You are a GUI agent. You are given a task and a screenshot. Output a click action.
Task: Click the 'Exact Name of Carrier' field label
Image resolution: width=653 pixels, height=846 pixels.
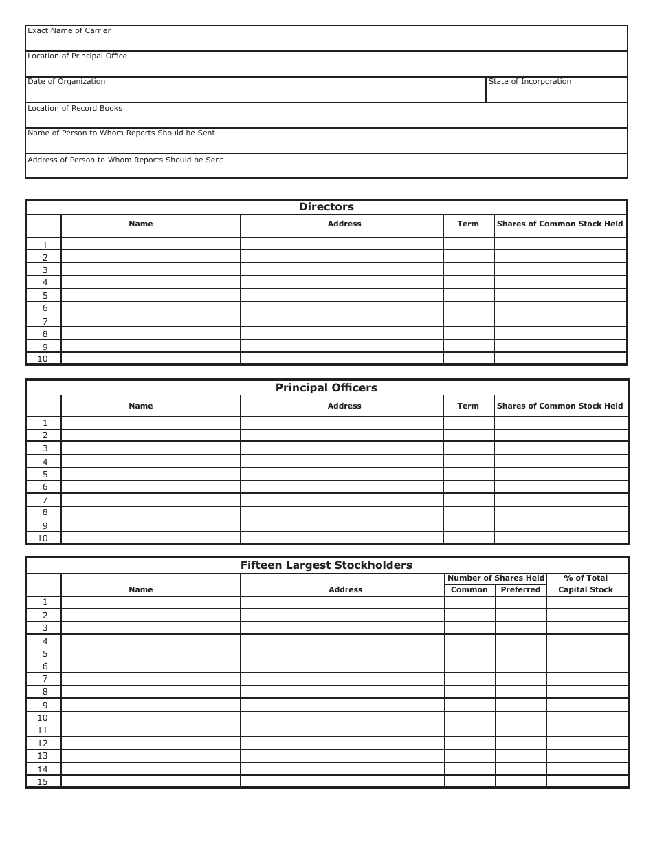[x=69, y=31]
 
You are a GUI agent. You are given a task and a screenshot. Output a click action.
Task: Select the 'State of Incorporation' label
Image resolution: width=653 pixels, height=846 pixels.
[x=529, y=82]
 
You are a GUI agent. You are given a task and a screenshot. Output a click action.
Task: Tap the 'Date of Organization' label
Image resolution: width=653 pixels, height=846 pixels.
[x=66, y=82]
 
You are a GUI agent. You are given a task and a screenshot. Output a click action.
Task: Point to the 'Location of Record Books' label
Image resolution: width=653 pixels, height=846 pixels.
[x=75, y=109]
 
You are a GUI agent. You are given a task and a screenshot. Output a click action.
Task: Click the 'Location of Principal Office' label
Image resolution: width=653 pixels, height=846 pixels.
[x=77, y=56]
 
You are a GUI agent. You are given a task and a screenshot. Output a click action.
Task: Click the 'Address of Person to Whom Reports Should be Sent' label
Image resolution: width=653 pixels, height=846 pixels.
[x=125, y=160]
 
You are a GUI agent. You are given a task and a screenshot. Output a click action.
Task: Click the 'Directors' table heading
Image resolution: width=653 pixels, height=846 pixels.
[x=326, y=207]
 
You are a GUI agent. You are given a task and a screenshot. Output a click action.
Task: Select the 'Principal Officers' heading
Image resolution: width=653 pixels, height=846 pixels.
[x=326, y=388]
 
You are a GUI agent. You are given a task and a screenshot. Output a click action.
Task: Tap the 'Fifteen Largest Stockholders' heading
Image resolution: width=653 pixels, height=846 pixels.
[x=326, y=565]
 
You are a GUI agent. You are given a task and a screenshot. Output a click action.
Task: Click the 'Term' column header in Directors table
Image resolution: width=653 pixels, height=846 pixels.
[x=468, y=224]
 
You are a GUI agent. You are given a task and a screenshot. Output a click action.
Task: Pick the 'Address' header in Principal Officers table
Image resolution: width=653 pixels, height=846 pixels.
[x=344, y=406]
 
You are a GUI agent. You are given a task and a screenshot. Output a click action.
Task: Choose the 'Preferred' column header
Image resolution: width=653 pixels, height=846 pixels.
[x=520, y=590]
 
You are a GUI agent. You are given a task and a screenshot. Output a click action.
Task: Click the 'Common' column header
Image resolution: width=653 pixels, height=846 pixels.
[x=469, y=590]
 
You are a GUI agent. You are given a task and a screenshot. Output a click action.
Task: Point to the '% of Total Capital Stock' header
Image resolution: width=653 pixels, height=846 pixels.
[x=586, y=584]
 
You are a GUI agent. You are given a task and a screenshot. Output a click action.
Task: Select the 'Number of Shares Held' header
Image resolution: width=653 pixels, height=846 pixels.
[x=496, y=578]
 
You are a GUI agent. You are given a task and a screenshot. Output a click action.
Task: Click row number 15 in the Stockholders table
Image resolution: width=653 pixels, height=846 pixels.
[x=43, y=782]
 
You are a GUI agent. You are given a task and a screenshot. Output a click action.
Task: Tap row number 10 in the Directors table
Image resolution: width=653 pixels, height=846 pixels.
[x=43, y=359]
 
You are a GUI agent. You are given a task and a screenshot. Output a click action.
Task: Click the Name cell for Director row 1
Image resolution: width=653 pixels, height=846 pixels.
[x=151, y=244]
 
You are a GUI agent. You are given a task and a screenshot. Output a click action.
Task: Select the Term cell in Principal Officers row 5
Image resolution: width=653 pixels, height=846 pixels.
[x=468, y=475]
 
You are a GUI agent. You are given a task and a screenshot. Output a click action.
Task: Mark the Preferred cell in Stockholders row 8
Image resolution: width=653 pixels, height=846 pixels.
[x=520, y=692]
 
